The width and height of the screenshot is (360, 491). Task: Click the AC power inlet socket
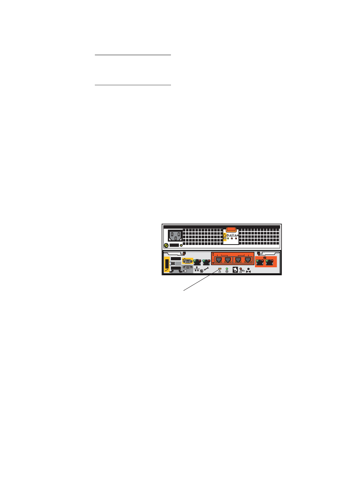click(175, 235)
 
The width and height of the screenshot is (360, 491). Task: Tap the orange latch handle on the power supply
click(230, 229)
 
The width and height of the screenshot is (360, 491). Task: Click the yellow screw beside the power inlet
click(166, 246)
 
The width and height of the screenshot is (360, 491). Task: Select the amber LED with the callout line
click(220, 268)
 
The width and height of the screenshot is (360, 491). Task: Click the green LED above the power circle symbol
click(227, 268)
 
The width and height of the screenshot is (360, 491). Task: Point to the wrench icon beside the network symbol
click(207, 270)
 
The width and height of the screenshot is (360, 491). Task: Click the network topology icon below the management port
click(197, 269)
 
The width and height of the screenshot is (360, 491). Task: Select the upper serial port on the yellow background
click(187, 261)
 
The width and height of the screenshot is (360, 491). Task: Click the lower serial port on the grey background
click(187, 267)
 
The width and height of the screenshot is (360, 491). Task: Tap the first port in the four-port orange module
click(218, 260)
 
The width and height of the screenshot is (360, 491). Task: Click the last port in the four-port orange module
click(248, 260)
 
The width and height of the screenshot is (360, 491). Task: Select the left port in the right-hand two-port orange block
click(260, 262)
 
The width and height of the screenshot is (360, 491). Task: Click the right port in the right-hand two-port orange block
click(269, 262)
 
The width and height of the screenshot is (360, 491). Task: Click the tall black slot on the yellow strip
click(167, 265)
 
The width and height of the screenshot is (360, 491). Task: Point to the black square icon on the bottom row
click(235, 270)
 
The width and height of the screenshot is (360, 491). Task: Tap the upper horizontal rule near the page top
click(133, 55)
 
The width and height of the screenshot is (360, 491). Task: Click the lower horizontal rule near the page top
click(133, 85)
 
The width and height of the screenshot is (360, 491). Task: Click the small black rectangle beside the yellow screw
click(174, 245)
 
